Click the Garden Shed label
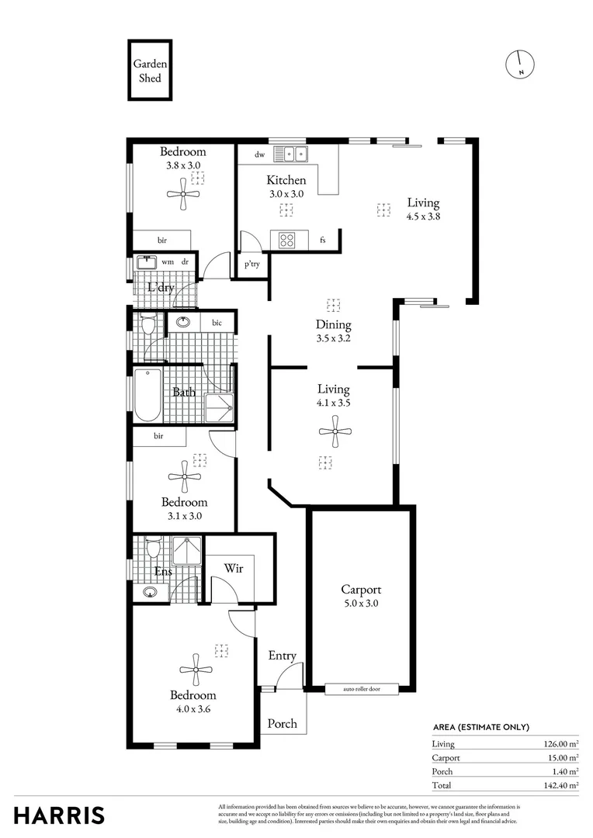150,71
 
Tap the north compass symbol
520,64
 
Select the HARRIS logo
59,815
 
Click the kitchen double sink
295,154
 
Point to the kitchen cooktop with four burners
285,240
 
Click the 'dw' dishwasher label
259,155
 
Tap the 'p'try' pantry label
251,265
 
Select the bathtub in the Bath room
147,394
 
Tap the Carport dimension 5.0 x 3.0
361,603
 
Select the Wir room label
234,569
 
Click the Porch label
282,723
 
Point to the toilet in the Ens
152,549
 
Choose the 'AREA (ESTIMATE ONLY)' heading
480,727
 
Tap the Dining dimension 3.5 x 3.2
333,338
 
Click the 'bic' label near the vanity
217,322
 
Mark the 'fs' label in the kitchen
322,241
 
